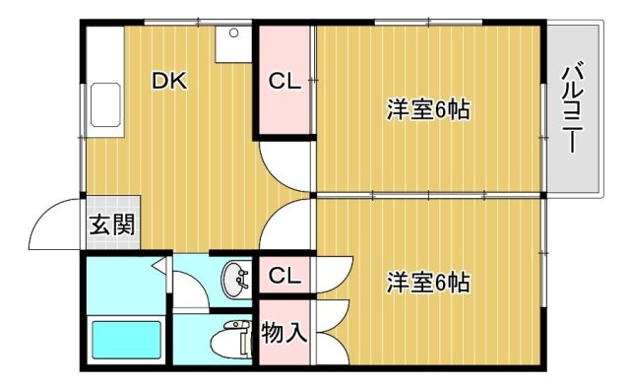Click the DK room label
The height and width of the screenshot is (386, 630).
tap(169, 81)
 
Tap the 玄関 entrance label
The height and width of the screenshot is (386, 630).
tap(111, 225)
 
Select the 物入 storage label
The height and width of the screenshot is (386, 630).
tap(284, 333)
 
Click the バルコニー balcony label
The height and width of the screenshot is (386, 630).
tap(573, 107)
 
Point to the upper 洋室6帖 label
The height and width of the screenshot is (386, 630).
tap(428, 108)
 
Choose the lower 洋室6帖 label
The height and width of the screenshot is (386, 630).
tap(428, 283)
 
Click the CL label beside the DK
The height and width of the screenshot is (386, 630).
tap(284, 81)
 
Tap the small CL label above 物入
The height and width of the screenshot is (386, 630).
tap(284, 276)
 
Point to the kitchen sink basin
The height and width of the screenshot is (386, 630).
tap(105, 104)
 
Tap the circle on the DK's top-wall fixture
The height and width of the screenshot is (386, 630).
tap(234, 32)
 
